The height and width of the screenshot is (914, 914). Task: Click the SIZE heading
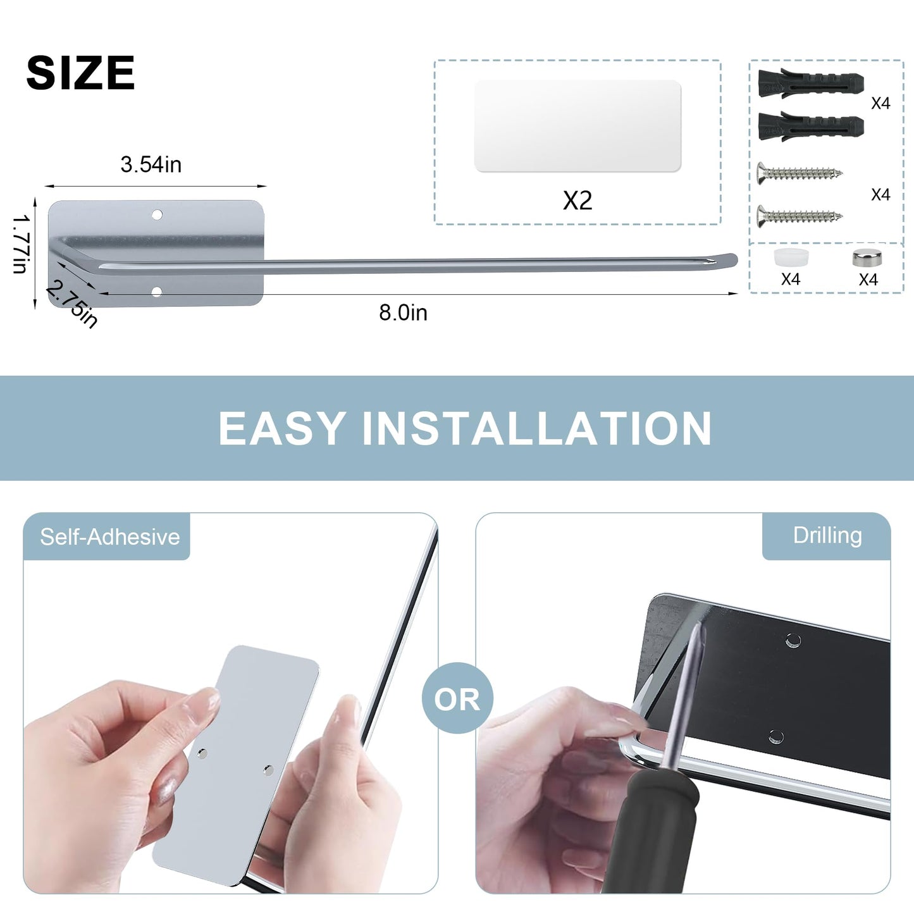coord(80,72)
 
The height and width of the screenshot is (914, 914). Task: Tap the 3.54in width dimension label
coord(151,164)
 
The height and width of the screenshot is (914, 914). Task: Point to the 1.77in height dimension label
coord(20,244)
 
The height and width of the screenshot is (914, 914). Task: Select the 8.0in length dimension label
coord(403,312)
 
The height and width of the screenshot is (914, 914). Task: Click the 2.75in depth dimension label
coord(73,304)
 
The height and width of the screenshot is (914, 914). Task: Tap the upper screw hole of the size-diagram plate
coord(157,215)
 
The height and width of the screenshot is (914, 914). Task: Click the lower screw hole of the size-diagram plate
coord(157,291)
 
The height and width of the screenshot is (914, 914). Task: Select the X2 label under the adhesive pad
coord(577,200)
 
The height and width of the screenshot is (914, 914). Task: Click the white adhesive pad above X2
coord(577,126)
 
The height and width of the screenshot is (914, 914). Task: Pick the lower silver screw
coord(800,217)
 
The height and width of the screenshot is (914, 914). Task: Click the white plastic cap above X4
coord(791,257)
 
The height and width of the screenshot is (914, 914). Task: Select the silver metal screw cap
coord(868,258)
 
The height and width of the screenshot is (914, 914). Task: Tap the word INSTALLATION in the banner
coord(537,428)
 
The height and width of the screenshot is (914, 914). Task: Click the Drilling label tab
coord(827,536)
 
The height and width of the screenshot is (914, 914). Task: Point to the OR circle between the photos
coord(457,699)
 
